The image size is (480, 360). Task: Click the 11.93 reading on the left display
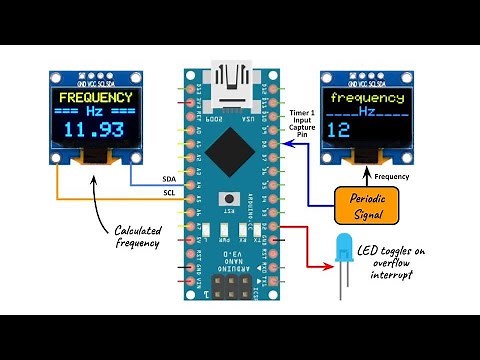[95, 131]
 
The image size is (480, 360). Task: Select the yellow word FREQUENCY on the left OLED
[95, 98]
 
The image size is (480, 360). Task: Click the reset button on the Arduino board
[233, 197]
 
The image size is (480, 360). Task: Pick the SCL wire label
[169, 192]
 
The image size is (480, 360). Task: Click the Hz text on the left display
[95, 112]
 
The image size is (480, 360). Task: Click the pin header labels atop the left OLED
[94, 74]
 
